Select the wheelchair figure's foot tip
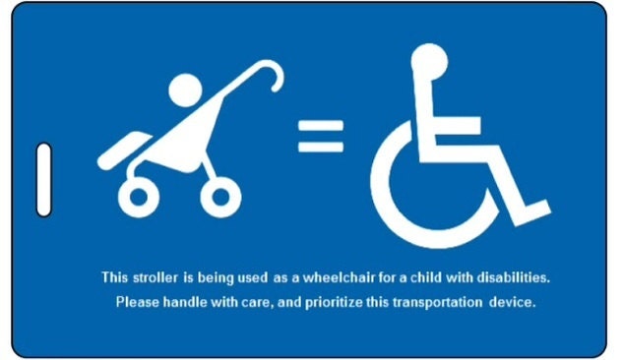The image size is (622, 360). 540,212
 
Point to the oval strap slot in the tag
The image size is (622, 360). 43,179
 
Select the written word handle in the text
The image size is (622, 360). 184,302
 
